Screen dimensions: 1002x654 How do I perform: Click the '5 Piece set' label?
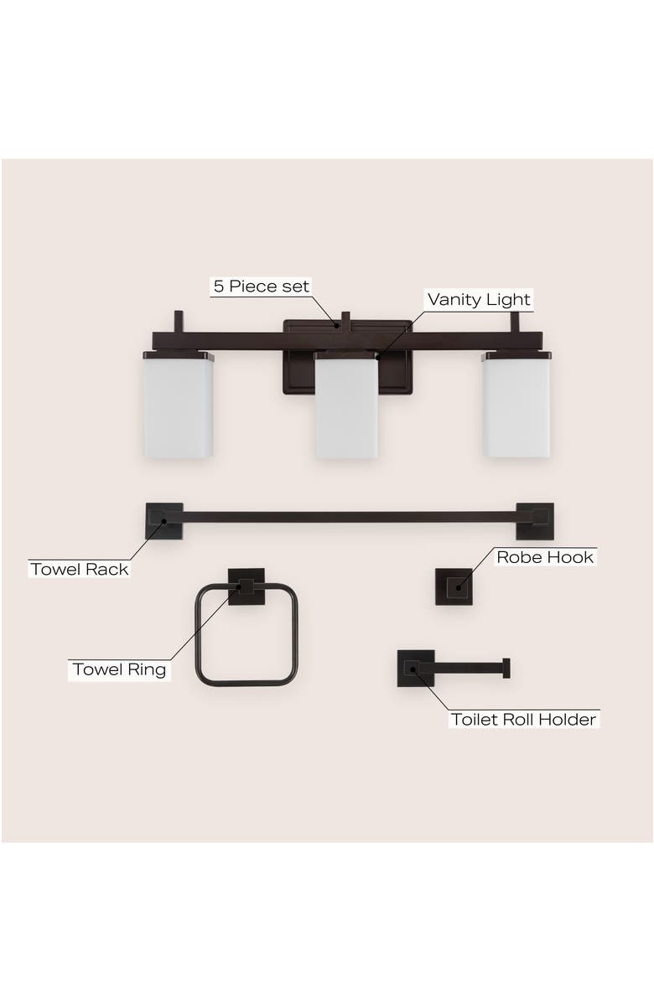click(x=261, y=287)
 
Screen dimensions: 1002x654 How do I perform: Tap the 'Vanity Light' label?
click(x=479, y=300)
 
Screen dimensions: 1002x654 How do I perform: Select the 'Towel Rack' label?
click(x=80, y=570)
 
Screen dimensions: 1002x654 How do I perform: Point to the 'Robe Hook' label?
click(x=544, y=557)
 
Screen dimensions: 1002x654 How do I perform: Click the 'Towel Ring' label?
click(x=119, y=669)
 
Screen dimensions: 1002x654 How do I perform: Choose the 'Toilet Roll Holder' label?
click(x=524, y=720)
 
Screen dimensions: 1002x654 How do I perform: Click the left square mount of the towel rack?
click(x=163, y=521)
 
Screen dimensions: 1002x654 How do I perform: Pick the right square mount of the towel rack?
click(x=534, y=521)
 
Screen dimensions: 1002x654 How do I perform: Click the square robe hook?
click(x=454, y=586)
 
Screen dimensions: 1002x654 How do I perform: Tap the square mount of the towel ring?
click(x=247, y=586)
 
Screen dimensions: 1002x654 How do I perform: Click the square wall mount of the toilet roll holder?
click(x=415, y=668)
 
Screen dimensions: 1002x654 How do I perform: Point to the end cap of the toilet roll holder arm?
click(x=506, y=668)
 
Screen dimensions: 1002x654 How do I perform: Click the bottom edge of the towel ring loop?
click(x=247, y=683)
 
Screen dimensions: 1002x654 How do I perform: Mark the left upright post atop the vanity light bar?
click(x=179, y=322)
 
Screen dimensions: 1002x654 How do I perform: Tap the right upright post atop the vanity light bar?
click(x=515, y=322)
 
